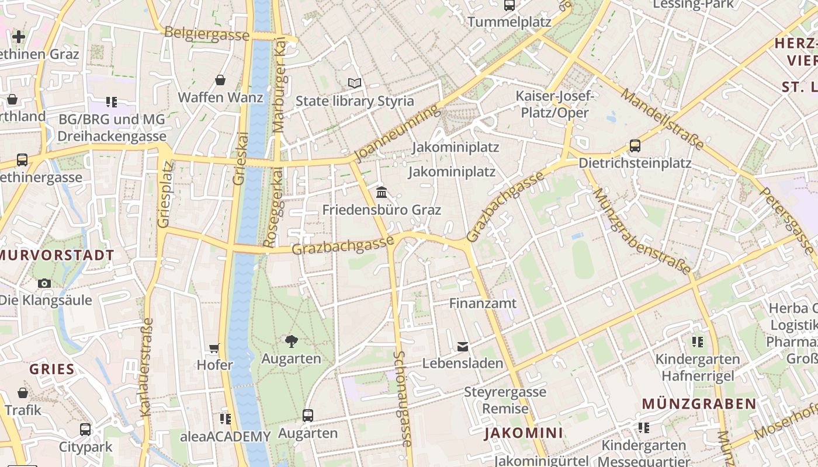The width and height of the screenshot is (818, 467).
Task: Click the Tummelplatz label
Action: click(x=509, y=22)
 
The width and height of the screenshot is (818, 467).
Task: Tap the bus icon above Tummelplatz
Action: click(x=509, y=5)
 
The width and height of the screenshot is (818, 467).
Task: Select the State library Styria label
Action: click(x=355, y=100)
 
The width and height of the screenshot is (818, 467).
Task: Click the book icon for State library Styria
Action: click(x=355, y=83)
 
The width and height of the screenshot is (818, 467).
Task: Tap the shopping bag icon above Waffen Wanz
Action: click(x=220, y=79)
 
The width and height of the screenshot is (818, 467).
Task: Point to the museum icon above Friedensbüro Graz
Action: click(x=382, y=192)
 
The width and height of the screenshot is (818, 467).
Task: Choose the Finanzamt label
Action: click(x=483, y=303)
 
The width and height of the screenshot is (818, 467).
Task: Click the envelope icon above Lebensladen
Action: click(x=463, y=346)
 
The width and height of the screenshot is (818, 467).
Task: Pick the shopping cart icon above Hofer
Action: click(x=214, y=348)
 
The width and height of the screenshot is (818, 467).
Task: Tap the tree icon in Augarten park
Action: click(x=291, y=341)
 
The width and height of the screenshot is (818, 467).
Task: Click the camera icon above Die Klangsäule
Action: click(x=44, y=283)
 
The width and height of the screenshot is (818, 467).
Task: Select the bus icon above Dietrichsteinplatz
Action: click(x=635, y=146)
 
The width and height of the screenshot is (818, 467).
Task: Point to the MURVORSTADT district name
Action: click(x=57, y=255)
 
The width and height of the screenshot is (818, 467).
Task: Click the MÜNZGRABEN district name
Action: click(x=699, y=403)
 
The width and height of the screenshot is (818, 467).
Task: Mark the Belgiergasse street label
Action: click(x=207, y=34)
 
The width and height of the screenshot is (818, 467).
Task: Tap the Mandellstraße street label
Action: click(x=662, y=119)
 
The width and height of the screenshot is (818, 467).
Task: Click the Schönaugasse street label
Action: click(x=401, y=398)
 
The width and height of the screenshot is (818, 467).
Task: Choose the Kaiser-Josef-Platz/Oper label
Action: click(x=554, y=104)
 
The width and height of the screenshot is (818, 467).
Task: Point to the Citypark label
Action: click(x=85, y=447)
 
